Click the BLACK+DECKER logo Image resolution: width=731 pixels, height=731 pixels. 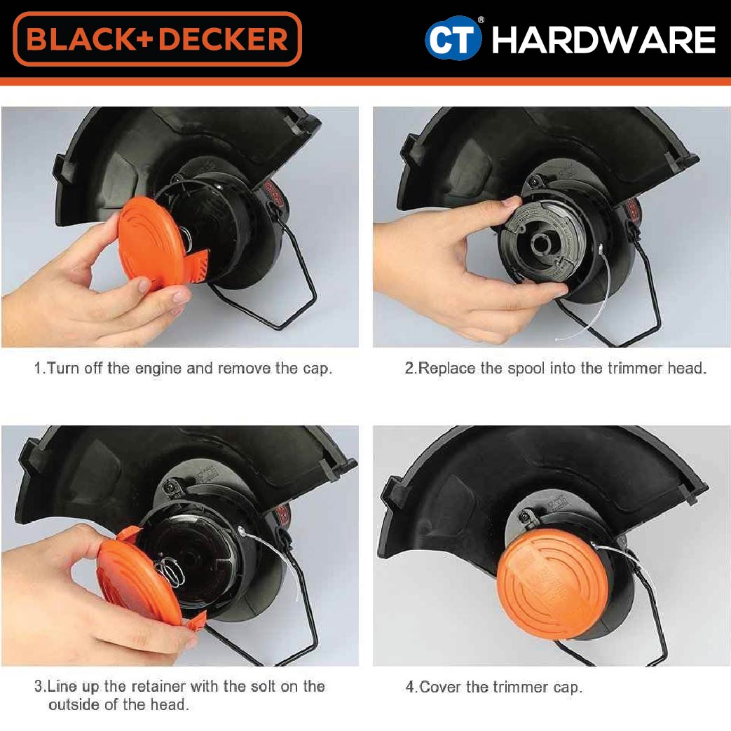point(158,39)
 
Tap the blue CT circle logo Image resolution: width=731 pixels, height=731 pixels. point(453,39)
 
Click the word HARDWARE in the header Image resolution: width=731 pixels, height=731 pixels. point(603,40)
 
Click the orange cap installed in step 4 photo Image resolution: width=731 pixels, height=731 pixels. point(552,583)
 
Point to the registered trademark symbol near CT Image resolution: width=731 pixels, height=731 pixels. point(481,20)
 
